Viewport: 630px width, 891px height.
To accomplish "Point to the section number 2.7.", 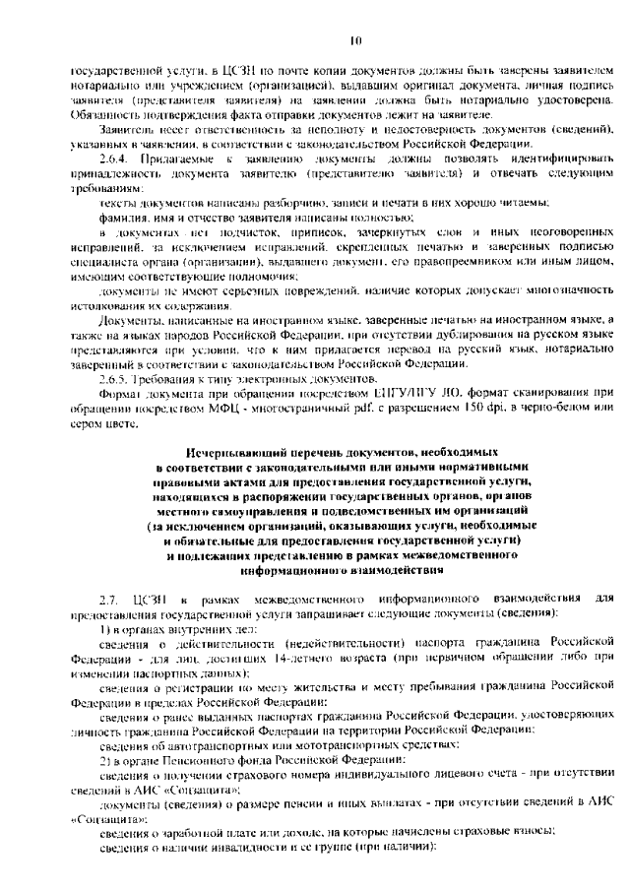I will tap(108, 600).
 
